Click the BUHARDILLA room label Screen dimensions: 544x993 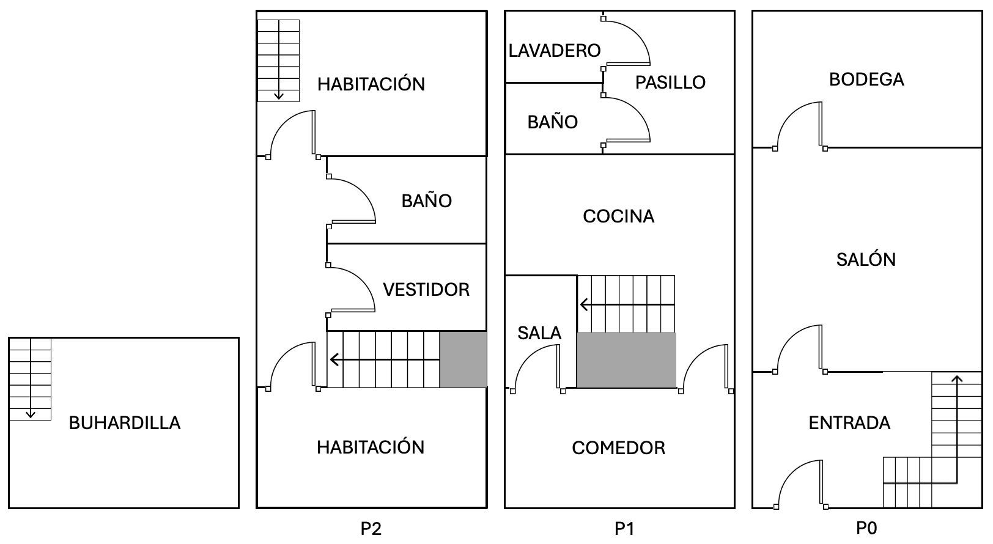click(124, 423)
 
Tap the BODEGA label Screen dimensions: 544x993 click(866, 79)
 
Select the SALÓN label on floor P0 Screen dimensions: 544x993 click(866, 260)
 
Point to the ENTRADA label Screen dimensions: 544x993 click(849, 423)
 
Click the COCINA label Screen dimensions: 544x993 click(618, 216)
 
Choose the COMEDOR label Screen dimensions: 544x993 click(618, 448)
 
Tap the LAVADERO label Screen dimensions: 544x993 click(554, 51)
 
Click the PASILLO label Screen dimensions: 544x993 click(670, 83)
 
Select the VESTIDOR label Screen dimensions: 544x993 click(426, 290)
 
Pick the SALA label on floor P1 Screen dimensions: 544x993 click(539, 333)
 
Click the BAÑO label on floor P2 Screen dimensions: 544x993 click(426, 201)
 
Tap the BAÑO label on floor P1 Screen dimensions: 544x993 click(552, 122)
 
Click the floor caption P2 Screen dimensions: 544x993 click(371, 528)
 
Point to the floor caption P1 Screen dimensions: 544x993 click(624, 528)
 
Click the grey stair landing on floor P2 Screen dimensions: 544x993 click(463, 359)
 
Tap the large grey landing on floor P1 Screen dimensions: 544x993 click(626, 359)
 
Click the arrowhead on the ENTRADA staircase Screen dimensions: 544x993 click(957, 379)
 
